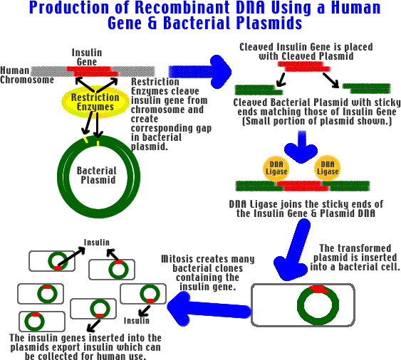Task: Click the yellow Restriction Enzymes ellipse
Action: point(95,102)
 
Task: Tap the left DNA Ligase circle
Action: point(276,169)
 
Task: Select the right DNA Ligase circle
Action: point(328,168)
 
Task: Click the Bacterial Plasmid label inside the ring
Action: point(97,175)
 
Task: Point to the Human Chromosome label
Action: point(27,75)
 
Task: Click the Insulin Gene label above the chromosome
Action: point(87,57)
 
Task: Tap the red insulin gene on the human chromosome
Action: point(93,71)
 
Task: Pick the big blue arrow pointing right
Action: point(200,72)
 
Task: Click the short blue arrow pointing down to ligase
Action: point(301,147)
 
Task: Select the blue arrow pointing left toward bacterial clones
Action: point(209,309)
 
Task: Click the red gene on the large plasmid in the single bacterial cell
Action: point(318,290)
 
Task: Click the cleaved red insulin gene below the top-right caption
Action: point(304,66)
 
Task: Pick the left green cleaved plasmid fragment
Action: point(259,90)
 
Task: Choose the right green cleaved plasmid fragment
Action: point(367,88)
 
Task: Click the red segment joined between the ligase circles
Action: point(302,186)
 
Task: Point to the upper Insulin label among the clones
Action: point(97,242)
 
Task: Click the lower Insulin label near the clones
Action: point(137,320)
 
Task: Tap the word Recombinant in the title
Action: point(182,7)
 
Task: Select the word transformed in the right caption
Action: point(364,248)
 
